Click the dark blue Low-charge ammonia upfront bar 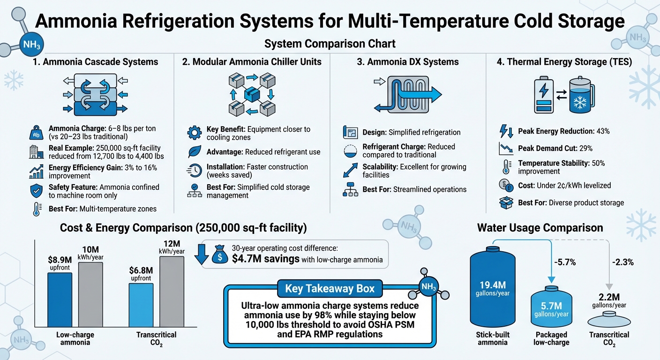coord(60,300)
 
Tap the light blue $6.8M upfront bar coord(141,305)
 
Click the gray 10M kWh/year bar coord(90,295)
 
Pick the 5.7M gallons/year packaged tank coord(550,307)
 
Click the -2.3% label coord(622,262)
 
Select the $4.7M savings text coord(266,259)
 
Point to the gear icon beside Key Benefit coord(194,133)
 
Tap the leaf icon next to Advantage coord(194,152)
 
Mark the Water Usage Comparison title coord(540,228)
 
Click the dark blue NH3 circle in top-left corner coord(33,46)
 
